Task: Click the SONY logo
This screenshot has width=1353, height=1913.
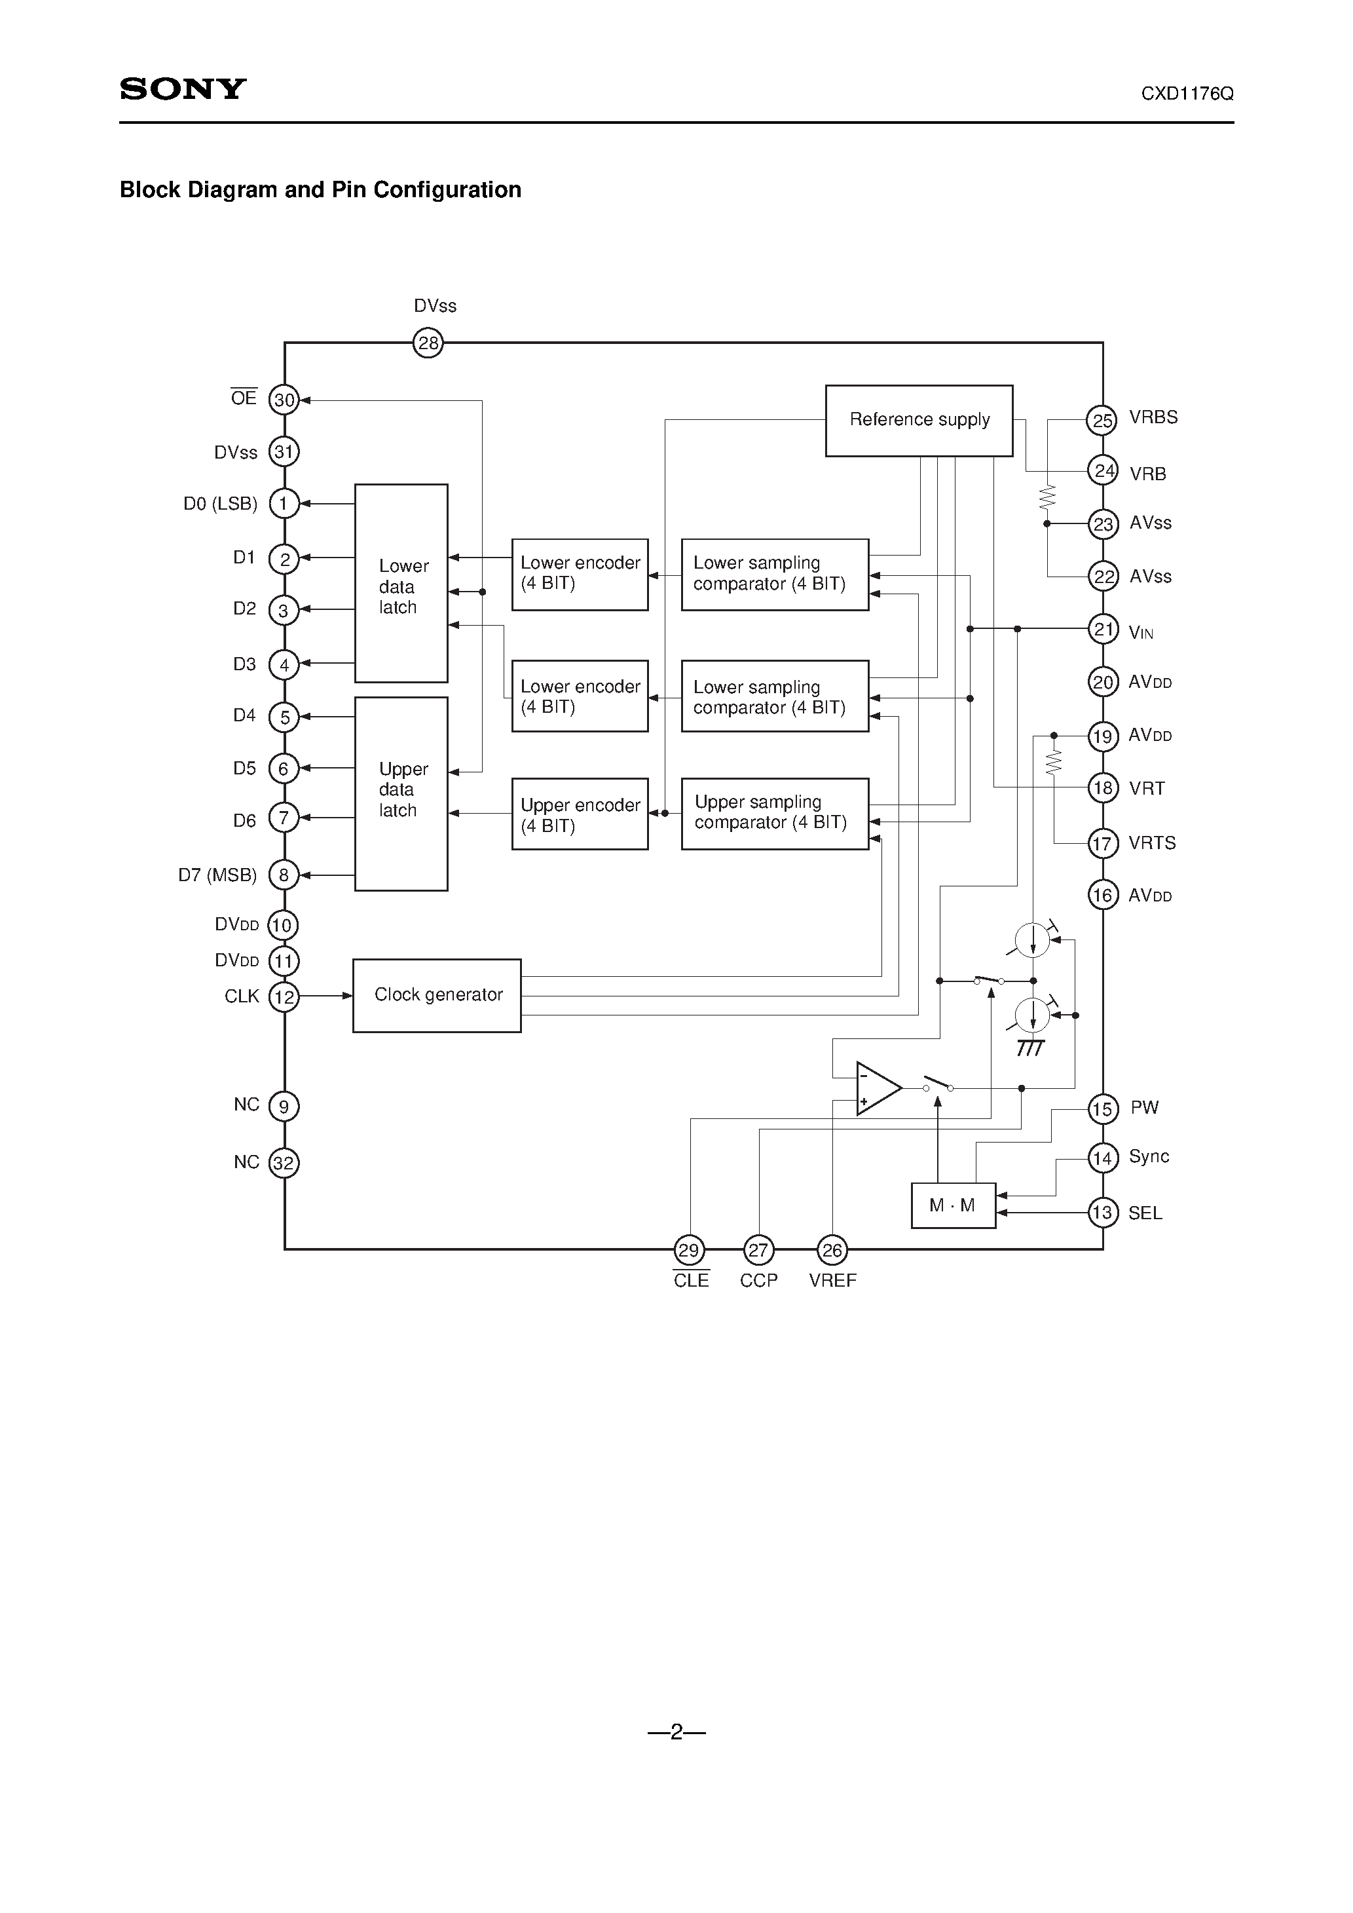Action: (x=183, y=89)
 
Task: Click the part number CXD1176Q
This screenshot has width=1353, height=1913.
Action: (x=1187, y=94)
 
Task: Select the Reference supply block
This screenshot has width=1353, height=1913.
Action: (x=919, y=420)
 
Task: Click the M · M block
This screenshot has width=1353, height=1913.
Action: (x=953, y=1205)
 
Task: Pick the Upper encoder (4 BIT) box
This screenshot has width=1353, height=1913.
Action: (x=580, y=814)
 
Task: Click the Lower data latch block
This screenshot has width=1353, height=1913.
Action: (x=401, y=583)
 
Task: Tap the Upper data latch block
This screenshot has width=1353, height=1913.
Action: (x=401, y=793)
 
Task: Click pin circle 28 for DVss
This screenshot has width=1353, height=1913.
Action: (x=428, y=343)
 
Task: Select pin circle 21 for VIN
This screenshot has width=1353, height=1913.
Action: (x=1103, y=629)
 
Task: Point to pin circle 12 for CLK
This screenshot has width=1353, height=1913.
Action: (x=284, y=996)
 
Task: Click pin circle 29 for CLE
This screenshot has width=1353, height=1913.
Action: (x=689, y=1250)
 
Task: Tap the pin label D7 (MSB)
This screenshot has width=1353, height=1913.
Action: (x=217, y=875)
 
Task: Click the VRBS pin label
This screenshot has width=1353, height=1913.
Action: (x=1153, y=417)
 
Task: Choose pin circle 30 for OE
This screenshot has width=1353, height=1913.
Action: (x=284, y=400)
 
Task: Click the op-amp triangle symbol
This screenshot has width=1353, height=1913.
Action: (x=876, y=1088)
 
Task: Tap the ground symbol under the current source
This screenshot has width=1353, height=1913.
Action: (x=1031, y=1048)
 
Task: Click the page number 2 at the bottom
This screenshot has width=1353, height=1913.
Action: (x=676, y=1732)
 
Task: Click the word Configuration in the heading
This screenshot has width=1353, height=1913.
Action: (x=447, y=190)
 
